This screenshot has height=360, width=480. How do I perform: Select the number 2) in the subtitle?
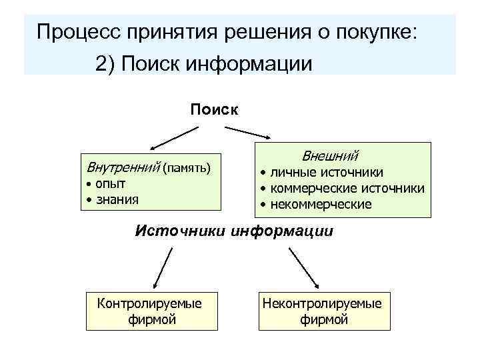click(x=105, y=65)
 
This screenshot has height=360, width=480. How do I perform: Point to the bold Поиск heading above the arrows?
click(x=213, y=109)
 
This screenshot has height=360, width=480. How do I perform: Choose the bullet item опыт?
click(x=111, y=183)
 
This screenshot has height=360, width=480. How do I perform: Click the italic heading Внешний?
click(x=330, y=157)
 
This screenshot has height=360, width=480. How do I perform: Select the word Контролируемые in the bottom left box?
click(x=149, y=304)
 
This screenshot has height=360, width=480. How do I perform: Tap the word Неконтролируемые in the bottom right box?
click(x=323, y=304)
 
